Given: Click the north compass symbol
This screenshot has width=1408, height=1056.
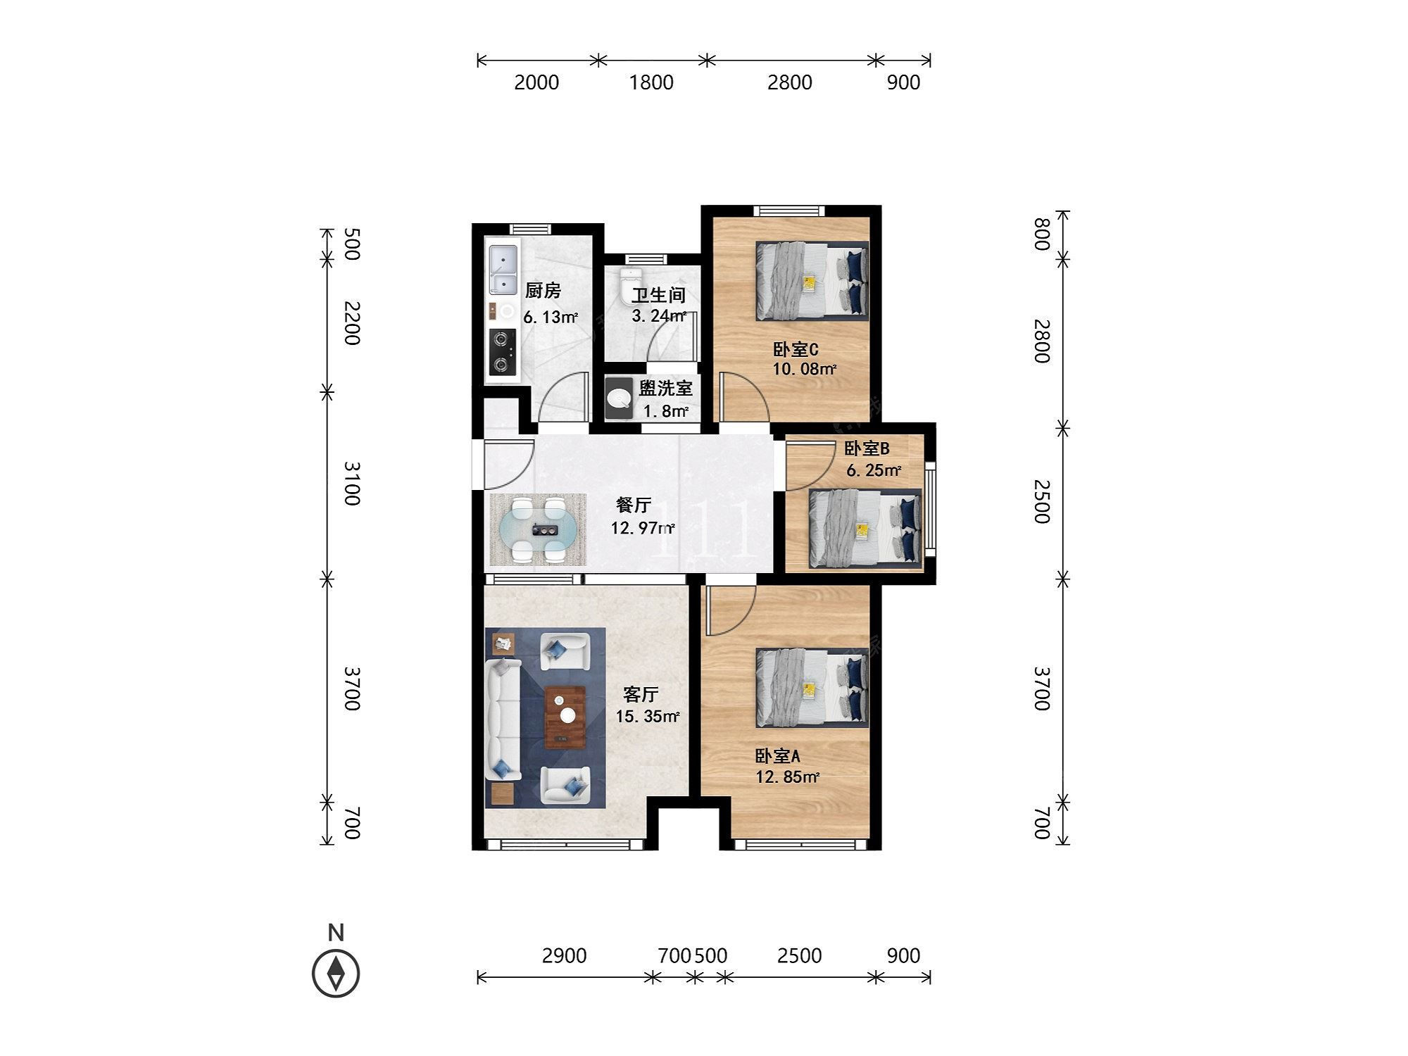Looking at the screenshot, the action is click(336, 973).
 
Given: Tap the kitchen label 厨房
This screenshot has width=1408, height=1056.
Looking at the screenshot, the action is click(543, 290).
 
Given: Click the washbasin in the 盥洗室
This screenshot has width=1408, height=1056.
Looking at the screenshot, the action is click(620, 398).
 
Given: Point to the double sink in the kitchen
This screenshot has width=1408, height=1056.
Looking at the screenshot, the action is click(503, 269).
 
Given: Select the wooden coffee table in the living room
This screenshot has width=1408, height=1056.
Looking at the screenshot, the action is click(565, 717).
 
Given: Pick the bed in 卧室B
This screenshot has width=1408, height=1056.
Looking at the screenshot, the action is click(865, 528).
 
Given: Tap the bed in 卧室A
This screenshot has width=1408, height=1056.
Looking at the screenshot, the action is click(812, 688).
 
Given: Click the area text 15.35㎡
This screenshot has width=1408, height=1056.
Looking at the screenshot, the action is click(648, 717).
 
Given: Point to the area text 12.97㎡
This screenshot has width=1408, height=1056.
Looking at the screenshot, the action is click(643, 527).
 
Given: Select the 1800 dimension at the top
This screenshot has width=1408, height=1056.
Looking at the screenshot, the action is click(651, 82).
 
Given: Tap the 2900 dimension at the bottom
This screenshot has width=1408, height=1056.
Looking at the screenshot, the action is click(565, 955).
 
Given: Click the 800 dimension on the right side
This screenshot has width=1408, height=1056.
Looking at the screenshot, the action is click(1042, 234).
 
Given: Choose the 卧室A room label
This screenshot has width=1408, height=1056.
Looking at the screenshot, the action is click(777, 756).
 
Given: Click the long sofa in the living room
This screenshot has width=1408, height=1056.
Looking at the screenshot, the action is click(503, 719).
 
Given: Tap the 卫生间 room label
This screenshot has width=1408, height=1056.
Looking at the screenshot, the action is click(658, 296).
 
